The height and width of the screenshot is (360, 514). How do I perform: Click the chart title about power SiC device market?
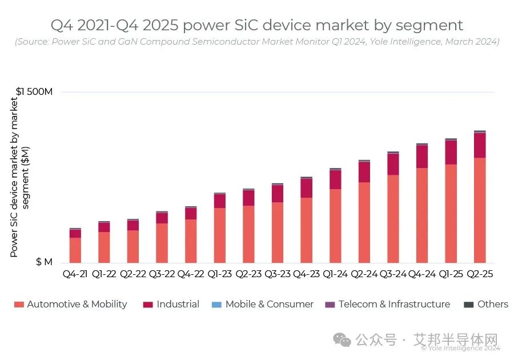(x=256, y=25)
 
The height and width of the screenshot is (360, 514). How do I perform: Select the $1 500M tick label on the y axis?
(x=34, y=91)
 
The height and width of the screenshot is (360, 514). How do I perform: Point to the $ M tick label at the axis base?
(x=44, y=262)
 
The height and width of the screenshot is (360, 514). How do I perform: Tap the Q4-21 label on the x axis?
(x=75, y=274)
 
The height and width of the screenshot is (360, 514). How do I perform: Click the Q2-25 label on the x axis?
(x=480, y=274)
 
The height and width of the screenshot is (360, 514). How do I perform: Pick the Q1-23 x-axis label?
(x=220, y=274)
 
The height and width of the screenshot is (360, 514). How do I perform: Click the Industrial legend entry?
(x=171, y=305)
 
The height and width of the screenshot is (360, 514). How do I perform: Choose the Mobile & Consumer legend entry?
(x=263, y=305)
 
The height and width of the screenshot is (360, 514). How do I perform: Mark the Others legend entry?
(x=485, y=305)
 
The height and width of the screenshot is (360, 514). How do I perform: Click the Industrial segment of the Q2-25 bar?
(x=480, y=145)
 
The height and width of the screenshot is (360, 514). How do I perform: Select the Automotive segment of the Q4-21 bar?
(x=75, y=250)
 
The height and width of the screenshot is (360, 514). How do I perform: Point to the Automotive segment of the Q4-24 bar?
(x=422, y=215)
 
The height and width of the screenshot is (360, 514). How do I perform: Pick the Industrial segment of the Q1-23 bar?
(x=220, y=201)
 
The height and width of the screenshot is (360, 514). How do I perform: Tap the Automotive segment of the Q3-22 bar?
(x=162, y=243)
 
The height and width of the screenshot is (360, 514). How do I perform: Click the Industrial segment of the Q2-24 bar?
(x=364, y=172)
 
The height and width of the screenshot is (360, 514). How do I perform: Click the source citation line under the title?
(x=256, y=42)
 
